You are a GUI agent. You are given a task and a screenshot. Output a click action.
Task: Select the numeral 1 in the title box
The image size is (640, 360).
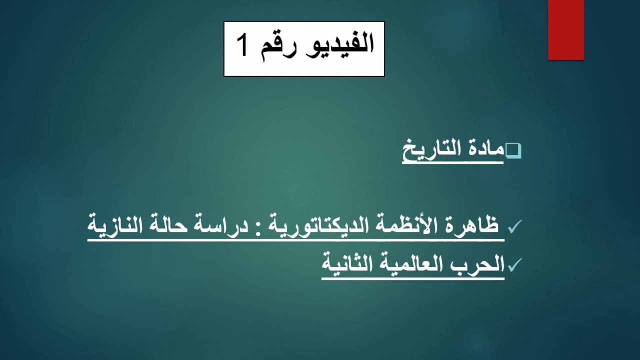click(x=242, y=46)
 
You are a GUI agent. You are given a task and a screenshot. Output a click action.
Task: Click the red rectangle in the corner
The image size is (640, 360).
click(x=566, y=29)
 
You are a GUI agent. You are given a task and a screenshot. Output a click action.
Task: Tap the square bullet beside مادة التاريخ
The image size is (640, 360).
click(x=513, y=150)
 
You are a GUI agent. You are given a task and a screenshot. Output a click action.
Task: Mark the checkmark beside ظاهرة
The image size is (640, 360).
click(x=515, y=227)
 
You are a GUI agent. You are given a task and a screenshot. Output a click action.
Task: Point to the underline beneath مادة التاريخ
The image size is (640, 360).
click(x=452, y=162)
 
